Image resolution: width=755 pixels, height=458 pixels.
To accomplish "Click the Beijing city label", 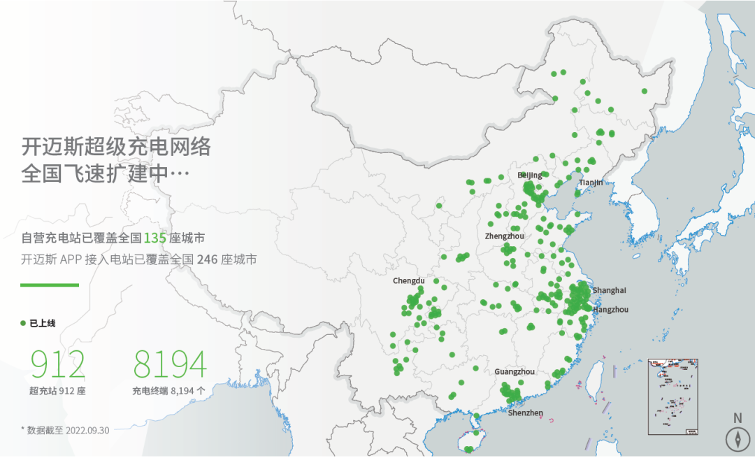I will (529, 175).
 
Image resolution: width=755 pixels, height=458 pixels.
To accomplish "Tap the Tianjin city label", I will (590, 183).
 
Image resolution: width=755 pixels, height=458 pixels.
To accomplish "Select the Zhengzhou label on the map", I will (504, 236).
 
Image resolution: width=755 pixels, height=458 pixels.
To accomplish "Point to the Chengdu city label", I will (408, 281).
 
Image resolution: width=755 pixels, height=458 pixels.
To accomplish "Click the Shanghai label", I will (609, 290).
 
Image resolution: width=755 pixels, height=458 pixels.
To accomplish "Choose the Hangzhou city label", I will (610, 309).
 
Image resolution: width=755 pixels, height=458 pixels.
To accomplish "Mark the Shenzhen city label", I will (525, 413).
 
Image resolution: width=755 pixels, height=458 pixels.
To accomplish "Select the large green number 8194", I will (170, 364).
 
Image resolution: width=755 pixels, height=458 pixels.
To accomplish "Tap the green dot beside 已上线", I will (24, 323).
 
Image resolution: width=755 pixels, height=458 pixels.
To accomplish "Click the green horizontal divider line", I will (50, 285).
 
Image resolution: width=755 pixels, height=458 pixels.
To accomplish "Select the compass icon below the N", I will (737, 438).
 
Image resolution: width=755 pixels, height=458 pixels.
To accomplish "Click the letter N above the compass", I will (737, 418).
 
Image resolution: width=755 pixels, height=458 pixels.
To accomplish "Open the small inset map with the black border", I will (674, 396).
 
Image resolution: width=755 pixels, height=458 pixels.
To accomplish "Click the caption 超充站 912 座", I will (57, 391).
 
